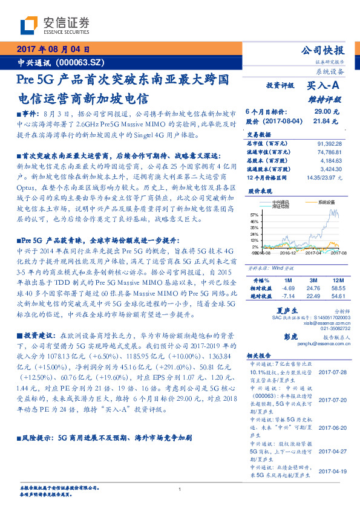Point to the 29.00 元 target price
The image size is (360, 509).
(327, 112)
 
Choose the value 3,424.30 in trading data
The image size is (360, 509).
(330, 170)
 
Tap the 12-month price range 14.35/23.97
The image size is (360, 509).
(324, 178)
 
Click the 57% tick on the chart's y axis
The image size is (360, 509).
(254, 215)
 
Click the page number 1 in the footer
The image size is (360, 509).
(180, 489)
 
